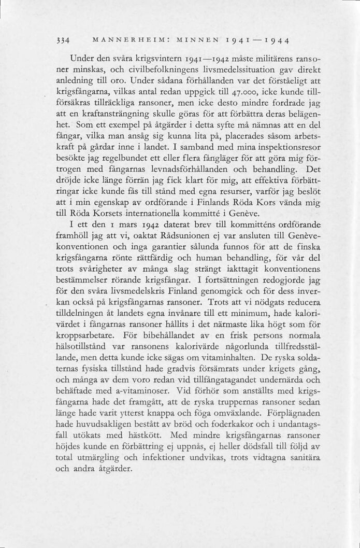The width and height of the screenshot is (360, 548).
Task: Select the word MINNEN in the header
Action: (193, 40)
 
